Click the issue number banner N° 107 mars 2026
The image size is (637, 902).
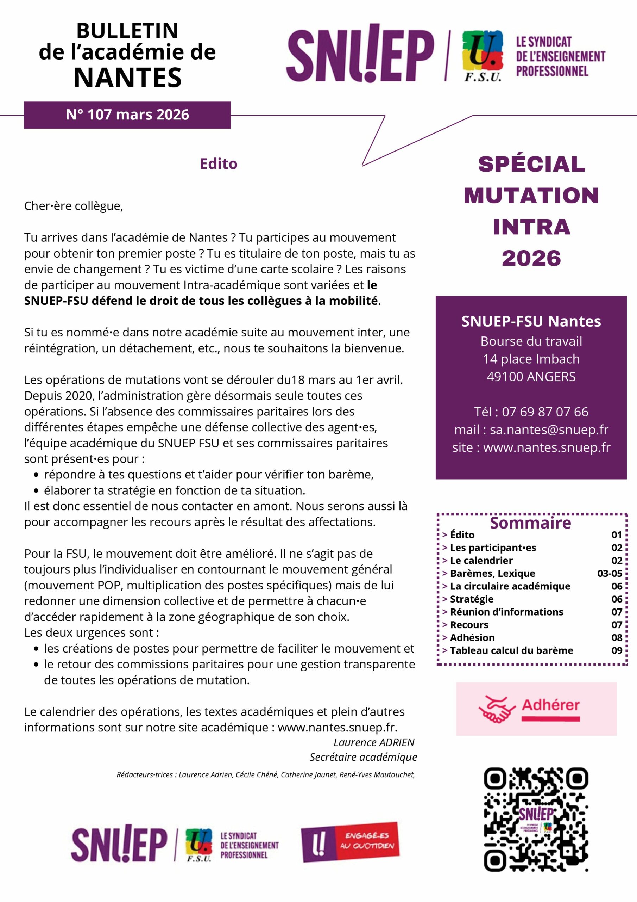tap(127, 115)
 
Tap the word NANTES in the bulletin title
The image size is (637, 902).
tap(127, 78)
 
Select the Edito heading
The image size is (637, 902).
tap(219, 164)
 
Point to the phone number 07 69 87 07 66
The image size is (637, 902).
tap(545, 412)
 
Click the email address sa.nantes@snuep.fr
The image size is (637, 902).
tap(549, 430)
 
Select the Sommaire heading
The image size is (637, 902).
tap(530, 523)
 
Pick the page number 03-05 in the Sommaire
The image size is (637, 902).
tap(610, 574)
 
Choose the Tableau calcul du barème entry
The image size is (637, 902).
tap(511, 650)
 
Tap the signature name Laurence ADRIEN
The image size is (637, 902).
tap(374, 742)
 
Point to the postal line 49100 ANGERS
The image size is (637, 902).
tap(531, 377)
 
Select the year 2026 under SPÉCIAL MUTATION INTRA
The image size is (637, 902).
tap(531, 259)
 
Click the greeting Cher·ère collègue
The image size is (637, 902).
tap(74, 206)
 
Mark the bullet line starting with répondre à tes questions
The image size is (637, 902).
tap(208, 475)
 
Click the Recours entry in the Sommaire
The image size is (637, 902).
tap(469, 625)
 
